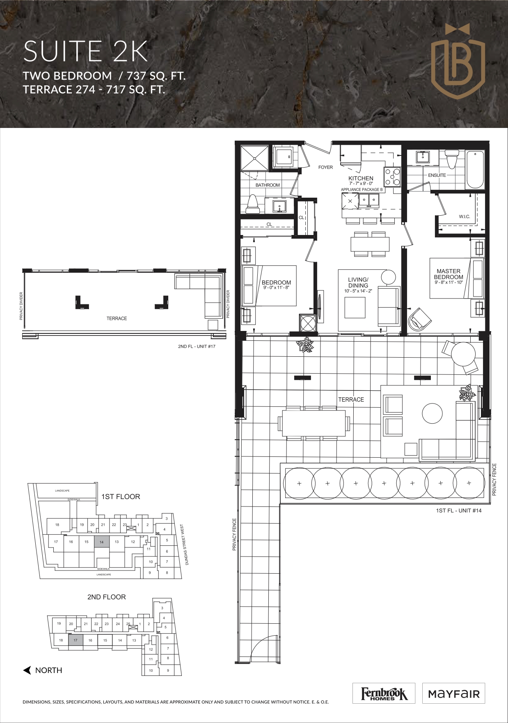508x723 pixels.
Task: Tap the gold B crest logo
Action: (x=458, y=57)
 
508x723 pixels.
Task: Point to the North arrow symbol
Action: (x=27, y=671)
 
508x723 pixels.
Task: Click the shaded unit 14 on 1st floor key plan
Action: (x=102, y=542)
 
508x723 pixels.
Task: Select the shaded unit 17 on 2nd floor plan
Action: (x=76, y=640)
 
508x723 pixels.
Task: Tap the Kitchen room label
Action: (x=361, y=178)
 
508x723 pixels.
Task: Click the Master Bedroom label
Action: (x=449, y=274)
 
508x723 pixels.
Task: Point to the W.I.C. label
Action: (x=464, y=216)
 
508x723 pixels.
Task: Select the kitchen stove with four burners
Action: (x=391, y=177)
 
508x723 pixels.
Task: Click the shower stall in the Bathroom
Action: (x=254, y=157)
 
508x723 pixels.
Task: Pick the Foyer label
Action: (x=325, y=167)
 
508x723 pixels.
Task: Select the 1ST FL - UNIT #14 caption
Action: (x=458, y=511)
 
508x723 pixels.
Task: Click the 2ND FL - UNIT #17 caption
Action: (x=197, y=347)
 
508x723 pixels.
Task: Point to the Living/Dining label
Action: (x=358, y=283)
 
